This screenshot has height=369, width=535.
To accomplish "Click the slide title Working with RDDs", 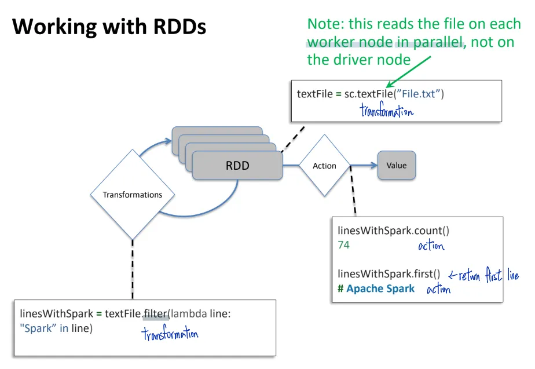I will (109, 26).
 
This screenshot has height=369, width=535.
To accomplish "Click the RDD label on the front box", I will (237, 166).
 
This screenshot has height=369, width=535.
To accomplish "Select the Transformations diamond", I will (133, 195).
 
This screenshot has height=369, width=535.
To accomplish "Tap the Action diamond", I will (324, 166).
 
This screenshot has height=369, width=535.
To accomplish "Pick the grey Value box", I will (397, 166).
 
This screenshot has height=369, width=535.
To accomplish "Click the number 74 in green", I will (344, 245).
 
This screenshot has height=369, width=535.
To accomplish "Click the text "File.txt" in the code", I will (419, 94).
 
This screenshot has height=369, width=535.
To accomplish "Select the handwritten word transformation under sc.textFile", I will (386, 111).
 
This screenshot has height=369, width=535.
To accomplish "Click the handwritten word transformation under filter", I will (170, 334).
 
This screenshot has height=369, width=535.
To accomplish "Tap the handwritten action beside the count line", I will (431, 246).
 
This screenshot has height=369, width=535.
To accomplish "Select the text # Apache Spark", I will (376, 288).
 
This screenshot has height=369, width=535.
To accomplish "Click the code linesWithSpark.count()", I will (393, 231).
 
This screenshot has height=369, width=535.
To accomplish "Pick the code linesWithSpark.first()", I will (389, 273).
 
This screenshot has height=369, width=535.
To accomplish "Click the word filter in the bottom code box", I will (155, 314).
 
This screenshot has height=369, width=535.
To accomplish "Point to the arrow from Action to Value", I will (365, 166).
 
